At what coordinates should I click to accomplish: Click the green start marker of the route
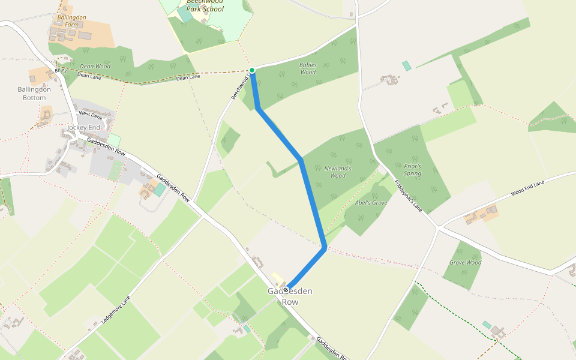click(252, 70)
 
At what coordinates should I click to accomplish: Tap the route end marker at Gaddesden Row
click(286, 289)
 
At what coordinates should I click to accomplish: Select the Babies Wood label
click(308, 68)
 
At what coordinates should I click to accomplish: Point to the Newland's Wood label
click(338, 172)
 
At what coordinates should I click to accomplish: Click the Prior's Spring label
click(412, 170)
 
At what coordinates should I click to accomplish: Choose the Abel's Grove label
click(371, 203)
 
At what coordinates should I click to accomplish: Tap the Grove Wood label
click(465, 262)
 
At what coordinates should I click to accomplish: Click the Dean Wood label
click(95, 66)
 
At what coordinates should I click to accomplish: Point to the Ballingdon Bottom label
click(34, 94)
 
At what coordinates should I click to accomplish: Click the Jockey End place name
click(83, 128)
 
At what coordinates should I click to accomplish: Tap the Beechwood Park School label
click(205, 6)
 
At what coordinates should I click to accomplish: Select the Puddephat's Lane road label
click(409, 196)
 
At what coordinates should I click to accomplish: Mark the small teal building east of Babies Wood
click(407, 66)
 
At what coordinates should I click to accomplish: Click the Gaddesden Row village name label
click(290, 296)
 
